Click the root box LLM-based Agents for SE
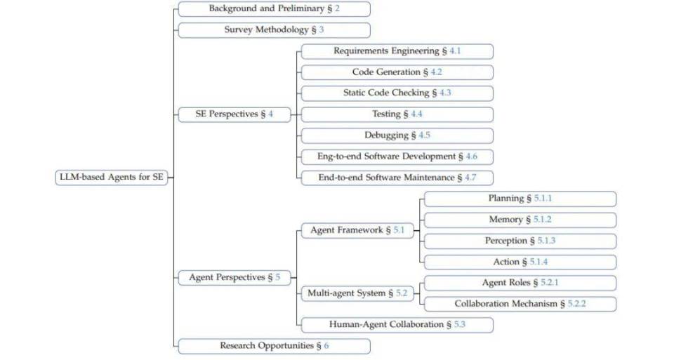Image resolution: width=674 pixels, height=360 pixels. coord(112,178)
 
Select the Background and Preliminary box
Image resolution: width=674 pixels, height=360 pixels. coord(274,9)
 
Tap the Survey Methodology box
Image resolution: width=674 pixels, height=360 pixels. coord(274,30)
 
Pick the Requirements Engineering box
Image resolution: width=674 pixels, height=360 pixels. coord(397,51)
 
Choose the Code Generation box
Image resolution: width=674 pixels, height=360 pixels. coord(397,72)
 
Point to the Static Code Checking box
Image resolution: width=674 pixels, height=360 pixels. coord(397,93)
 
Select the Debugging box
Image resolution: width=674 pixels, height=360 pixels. coord(397,135)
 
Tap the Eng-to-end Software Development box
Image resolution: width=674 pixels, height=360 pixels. coord(397,156)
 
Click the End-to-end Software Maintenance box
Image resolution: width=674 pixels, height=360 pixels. coord(397,178)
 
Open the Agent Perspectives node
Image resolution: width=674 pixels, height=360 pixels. coord(234,278)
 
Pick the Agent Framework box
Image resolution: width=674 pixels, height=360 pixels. coord(357,230)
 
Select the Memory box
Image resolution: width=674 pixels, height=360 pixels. coord(520,220)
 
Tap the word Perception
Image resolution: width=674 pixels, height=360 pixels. coord(505,241)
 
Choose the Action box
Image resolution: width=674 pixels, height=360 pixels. coord(520,262)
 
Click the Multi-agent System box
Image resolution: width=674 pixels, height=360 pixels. coord(357,293)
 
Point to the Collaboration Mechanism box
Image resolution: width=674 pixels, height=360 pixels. coord(520,304)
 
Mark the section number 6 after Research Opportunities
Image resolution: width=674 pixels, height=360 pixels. coord(326,346)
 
